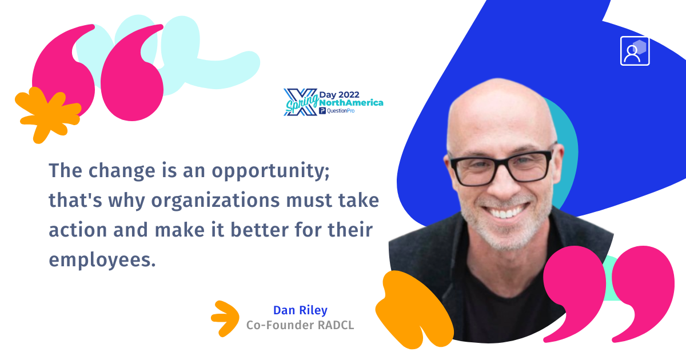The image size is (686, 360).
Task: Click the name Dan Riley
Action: click(x=300, y=310)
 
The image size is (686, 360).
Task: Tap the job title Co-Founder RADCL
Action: click(x=300, y=325)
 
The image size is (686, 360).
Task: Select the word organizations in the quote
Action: click(x=216, y=201)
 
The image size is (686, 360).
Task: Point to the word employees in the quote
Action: click(x=102, y=261)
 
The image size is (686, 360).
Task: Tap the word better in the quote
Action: click(x=259, y=230)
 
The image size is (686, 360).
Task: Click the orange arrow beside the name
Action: click(x=225, y=319)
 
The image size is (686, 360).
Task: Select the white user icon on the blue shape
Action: click(x=635, y=51)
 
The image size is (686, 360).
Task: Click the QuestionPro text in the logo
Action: click(x=341, y=111)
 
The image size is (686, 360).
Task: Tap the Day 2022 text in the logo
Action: click(x=339, y=95)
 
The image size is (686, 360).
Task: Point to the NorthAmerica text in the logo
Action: click(x=351, y=103)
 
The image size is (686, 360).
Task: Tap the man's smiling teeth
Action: click(x=506, y=212)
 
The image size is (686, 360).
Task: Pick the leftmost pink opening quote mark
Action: click(x=63, y=72)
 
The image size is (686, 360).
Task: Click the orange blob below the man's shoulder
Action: click(x=414, y=310)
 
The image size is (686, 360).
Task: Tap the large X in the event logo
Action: click(x=301, y=102)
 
